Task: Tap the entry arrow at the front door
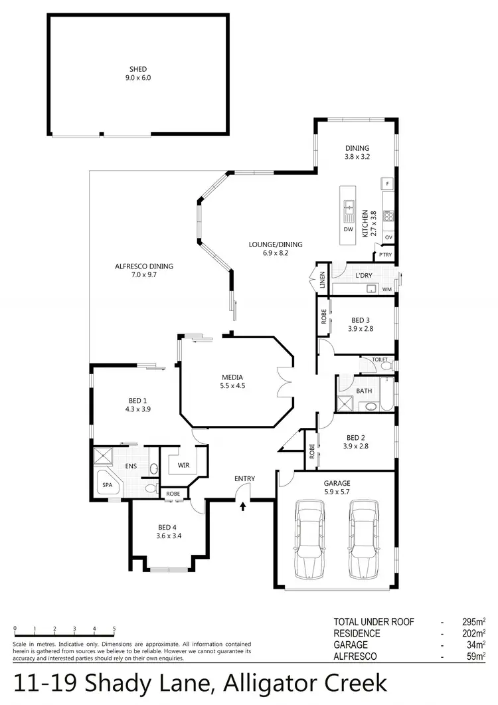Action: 243,506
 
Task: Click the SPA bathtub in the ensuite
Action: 107,486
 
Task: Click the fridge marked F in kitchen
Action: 387,183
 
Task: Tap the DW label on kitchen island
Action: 348,229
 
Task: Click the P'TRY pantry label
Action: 385,254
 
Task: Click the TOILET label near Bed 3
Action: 379,359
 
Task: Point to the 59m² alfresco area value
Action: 477,656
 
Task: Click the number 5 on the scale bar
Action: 114,629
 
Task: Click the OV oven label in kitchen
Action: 388,237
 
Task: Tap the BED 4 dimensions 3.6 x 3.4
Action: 169,536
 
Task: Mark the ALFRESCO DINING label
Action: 144,266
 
